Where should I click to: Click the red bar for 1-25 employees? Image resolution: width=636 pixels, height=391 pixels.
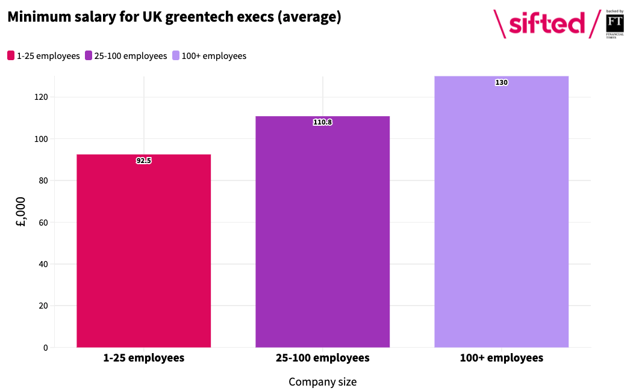click(143, 251)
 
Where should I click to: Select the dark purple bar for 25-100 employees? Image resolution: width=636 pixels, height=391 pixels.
click(322, 232)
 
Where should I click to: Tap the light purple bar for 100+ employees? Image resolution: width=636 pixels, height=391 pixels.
click(501, 212)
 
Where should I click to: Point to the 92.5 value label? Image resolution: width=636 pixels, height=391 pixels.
click(143, 161)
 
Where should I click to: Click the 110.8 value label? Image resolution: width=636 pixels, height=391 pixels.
click(322, 122)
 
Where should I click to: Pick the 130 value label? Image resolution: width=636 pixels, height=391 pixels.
click(501, 82)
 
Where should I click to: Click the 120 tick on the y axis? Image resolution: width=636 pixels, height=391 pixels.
click(41, 97)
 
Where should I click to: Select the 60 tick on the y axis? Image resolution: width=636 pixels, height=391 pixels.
click(43, 223)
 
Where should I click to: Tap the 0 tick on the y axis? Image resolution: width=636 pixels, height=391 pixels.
click(45, 348)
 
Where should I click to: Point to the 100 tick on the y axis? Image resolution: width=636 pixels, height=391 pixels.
click(41, 139)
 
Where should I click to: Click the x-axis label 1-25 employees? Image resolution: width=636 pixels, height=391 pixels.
click(143, 358)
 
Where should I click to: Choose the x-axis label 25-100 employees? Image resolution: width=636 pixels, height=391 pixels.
click(322, 358)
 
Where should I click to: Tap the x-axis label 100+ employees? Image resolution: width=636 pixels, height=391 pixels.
click(501, 358)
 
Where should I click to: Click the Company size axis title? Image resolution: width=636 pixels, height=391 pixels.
click(322, 382)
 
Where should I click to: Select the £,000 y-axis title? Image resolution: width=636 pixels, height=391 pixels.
click(20, 212)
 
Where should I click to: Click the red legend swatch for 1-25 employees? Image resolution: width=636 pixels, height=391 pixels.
click(11, 55)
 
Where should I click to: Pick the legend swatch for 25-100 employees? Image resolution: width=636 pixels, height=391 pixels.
click(89, 55)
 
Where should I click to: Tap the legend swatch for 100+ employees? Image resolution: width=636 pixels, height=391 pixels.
click(176, 55)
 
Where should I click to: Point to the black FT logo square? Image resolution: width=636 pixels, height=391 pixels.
click(615, 23)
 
